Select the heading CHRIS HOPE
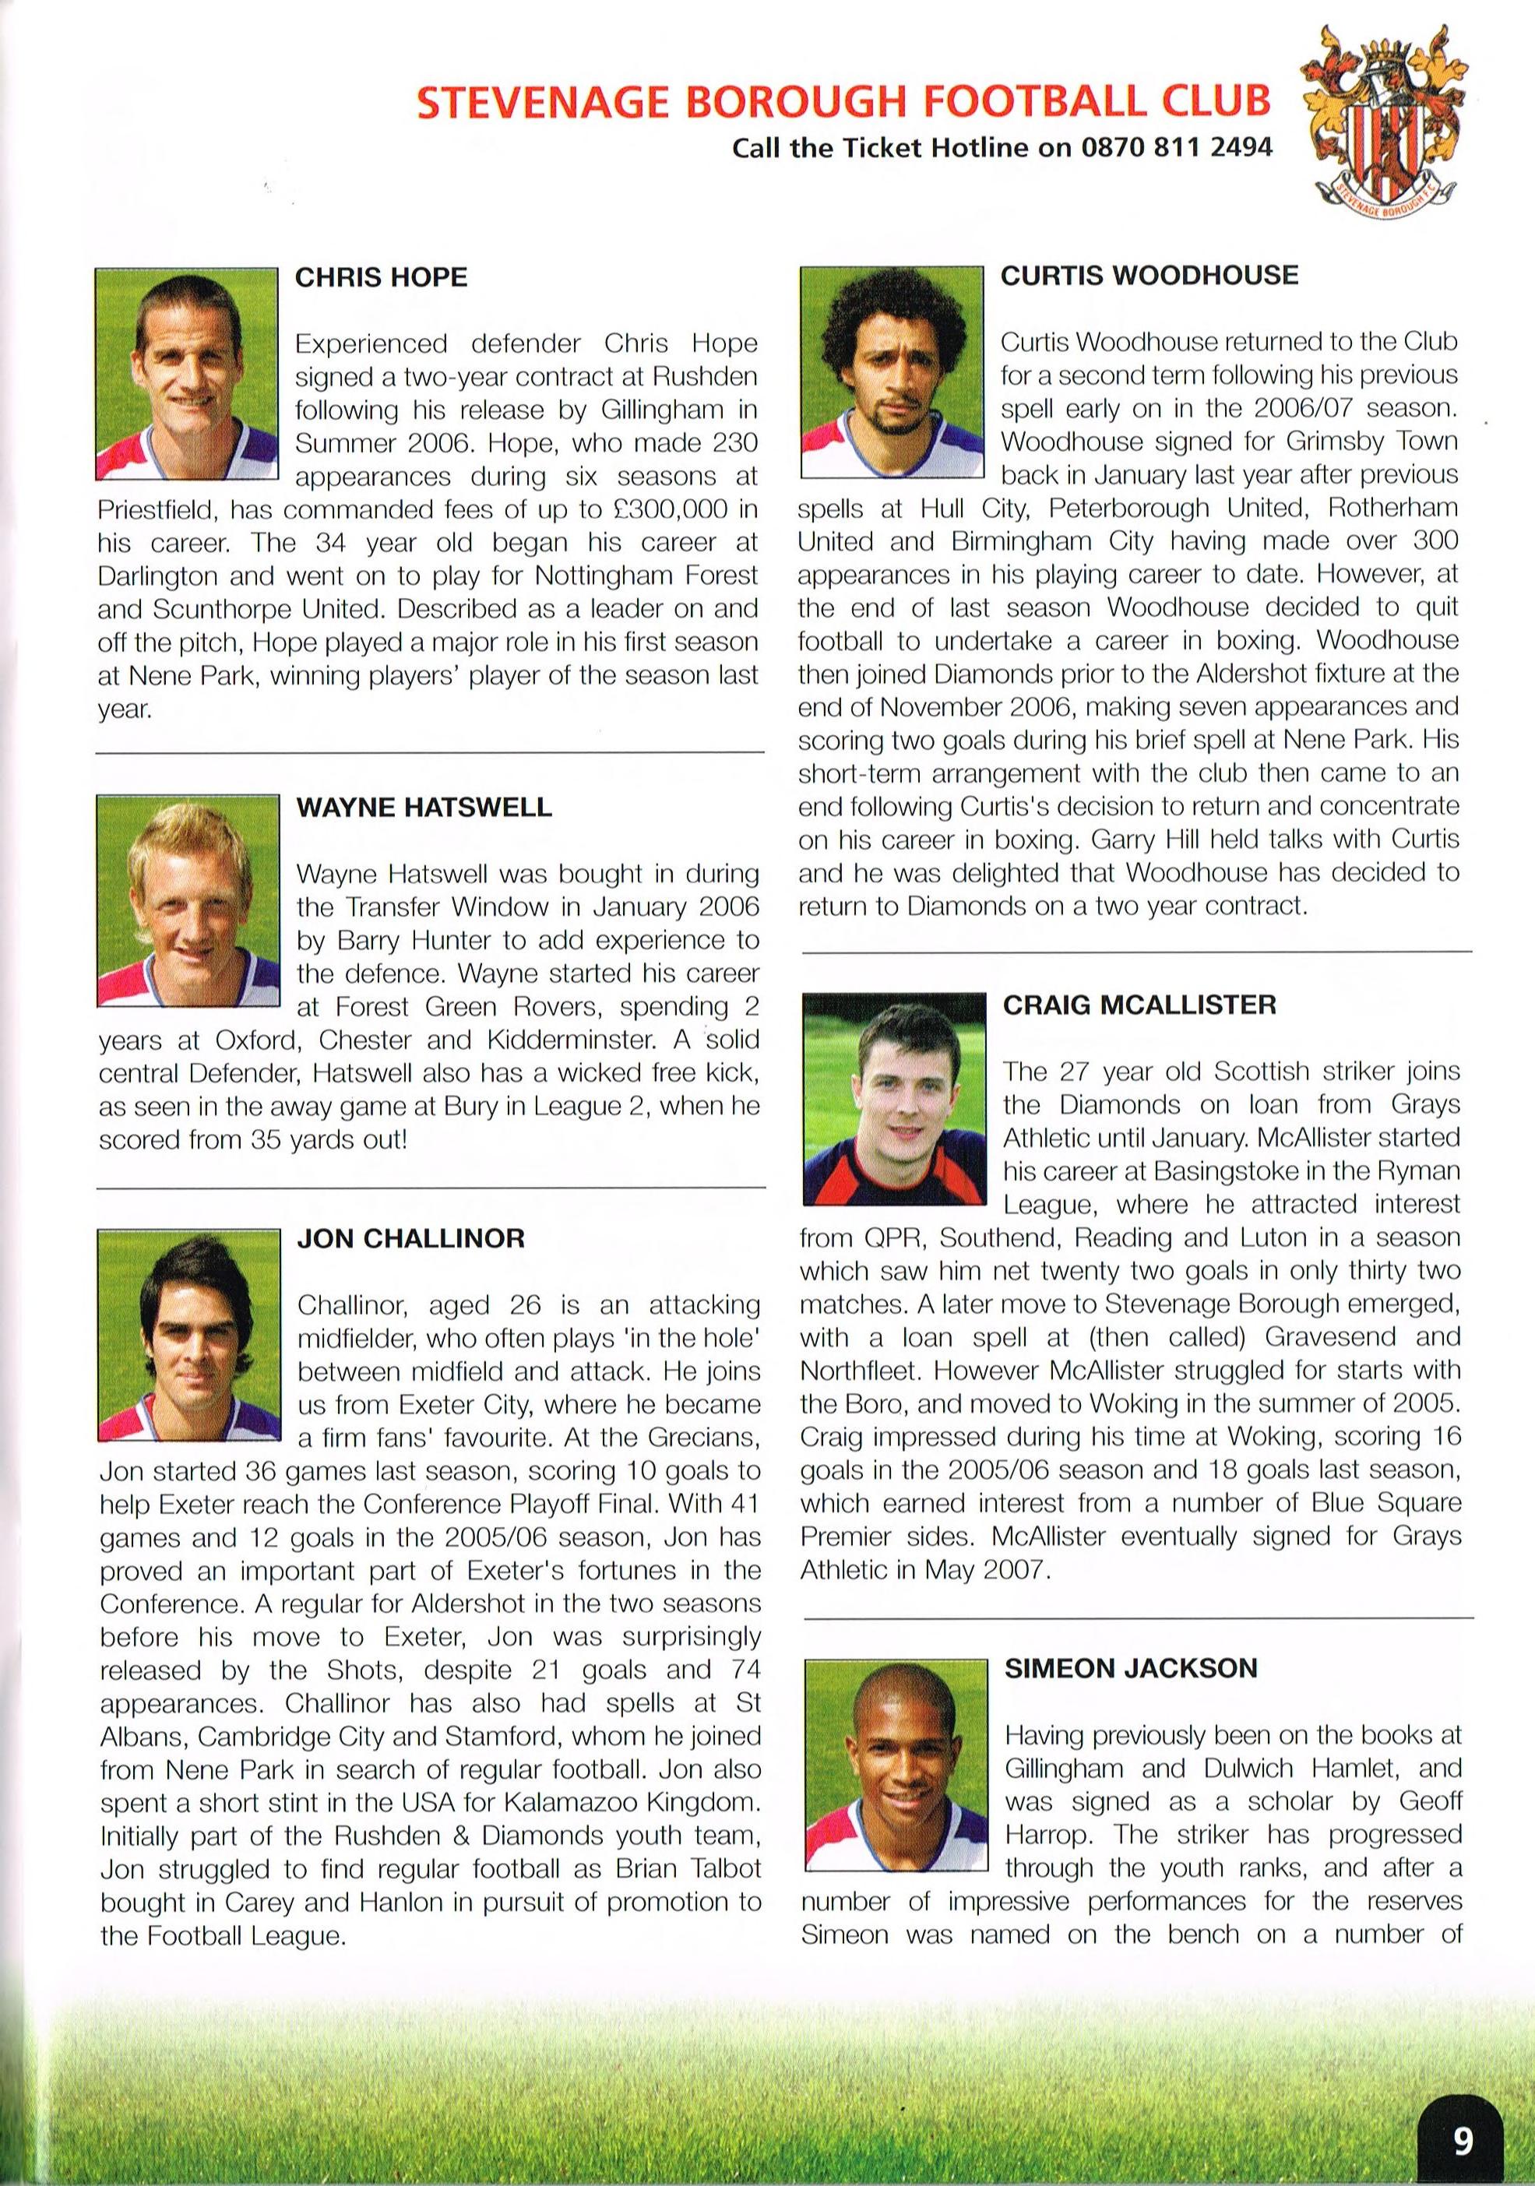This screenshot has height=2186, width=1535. click(x=381, y=277)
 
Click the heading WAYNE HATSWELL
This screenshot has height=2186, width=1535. click(x=424, y=808)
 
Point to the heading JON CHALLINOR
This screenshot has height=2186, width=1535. click(x=410, y=1239)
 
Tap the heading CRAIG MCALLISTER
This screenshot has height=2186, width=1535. click(x=1139, y=1005)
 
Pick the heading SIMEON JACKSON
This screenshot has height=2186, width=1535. click(x=1130, y=1667)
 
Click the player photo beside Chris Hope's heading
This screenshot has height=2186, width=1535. click(x=187, y=374)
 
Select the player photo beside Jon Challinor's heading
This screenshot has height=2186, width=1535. click(x=189, y=1334)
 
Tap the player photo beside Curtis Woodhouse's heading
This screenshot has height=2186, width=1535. click(x=891, y=372)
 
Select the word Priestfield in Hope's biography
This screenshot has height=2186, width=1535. click(x=157, y=509)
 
